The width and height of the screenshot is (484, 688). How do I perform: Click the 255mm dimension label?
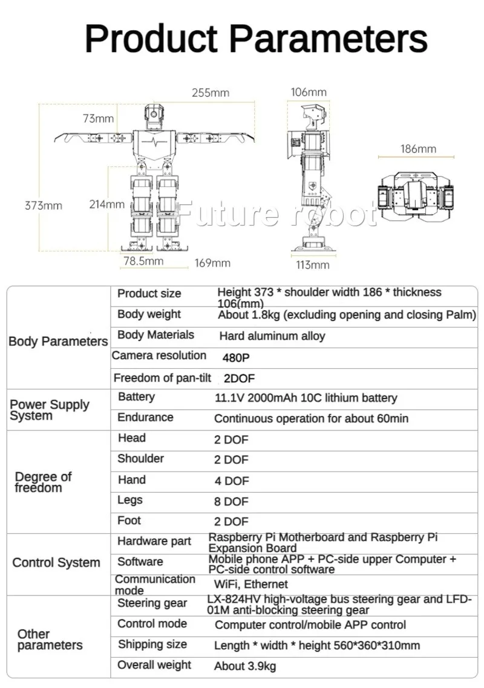211,92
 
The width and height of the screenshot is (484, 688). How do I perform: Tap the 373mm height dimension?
43,205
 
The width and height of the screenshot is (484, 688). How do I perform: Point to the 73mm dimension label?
99,118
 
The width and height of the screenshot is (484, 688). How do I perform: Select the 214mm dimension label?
106,204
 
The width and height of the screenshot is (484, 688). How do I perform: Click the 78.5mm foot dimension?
143,261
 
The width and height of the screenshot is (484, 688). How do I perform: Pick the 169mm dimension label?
212,263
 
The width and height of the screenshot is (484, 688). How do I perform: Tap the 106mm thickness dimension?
309,92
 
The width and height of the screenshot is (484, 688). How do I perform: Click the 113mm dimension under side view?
312,265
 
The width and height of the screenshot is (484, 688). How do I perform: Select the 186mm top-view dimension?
418,149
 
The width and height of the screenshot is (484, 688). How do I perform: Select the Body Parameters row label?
58,341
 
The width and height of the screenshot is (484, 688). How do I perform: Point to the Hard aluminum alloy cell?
272,336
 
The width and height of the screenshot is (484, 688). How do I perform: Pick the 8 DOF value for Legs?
231,501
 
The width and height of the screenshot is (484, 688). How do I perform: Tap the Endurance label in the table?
145,417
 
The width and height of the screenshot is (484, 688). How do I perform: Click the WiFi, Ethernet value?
251,584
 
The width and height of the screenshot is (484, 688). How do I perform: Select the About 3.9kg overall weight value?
245,666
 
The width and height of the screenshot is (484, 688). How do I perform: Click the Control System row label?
56,563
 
